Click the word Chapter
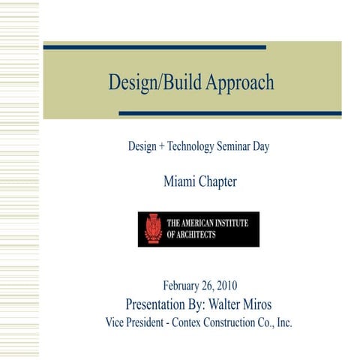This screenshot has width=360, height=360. [x=217, y=181]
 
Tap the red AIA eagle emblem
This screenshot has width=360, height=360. [x=152, y=229]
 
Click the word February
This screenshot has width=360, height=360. [x=182, y=285]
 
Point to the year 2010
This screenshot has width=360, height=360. [x=227, y=285]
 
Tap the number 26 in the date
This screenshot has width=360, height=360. [x=207, y=285]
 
